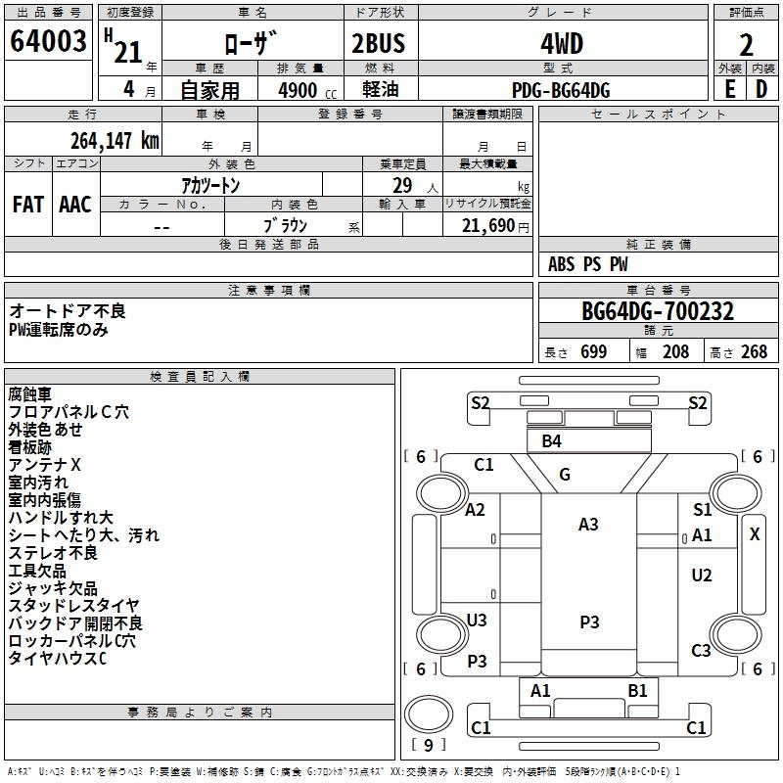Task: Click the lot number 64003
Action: (48, 41)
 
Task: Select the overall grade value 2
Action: (746, 45)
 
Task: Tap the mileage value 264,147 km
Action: (115, 141)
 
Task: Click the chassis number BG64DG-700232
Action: (658, 311)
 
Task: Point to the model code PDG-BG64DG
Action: (561, 90)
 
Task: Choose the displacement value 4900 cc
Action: (307, 91)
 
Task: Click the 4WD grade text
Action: (562, 44)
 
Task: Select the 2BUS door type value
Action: (379, 43)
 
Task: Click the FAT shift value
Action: (28, 205)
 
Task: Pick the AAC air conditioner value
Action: (75, 205)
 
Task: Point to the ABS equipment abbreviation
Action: (561, 264)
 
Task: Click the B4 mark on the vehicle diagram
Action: (551, 441)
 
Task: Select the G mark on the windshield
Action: (565, 475)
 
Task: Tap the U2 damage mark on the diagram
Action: (702, 576)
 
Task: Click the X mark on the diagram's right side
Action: (755, 534)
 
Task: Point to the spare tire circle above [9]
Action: (428, 714)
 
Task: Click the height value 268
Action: (754, 351)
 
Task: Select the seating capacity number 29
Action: (402, 185)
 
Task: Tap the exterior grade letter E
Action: (729, 89)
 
